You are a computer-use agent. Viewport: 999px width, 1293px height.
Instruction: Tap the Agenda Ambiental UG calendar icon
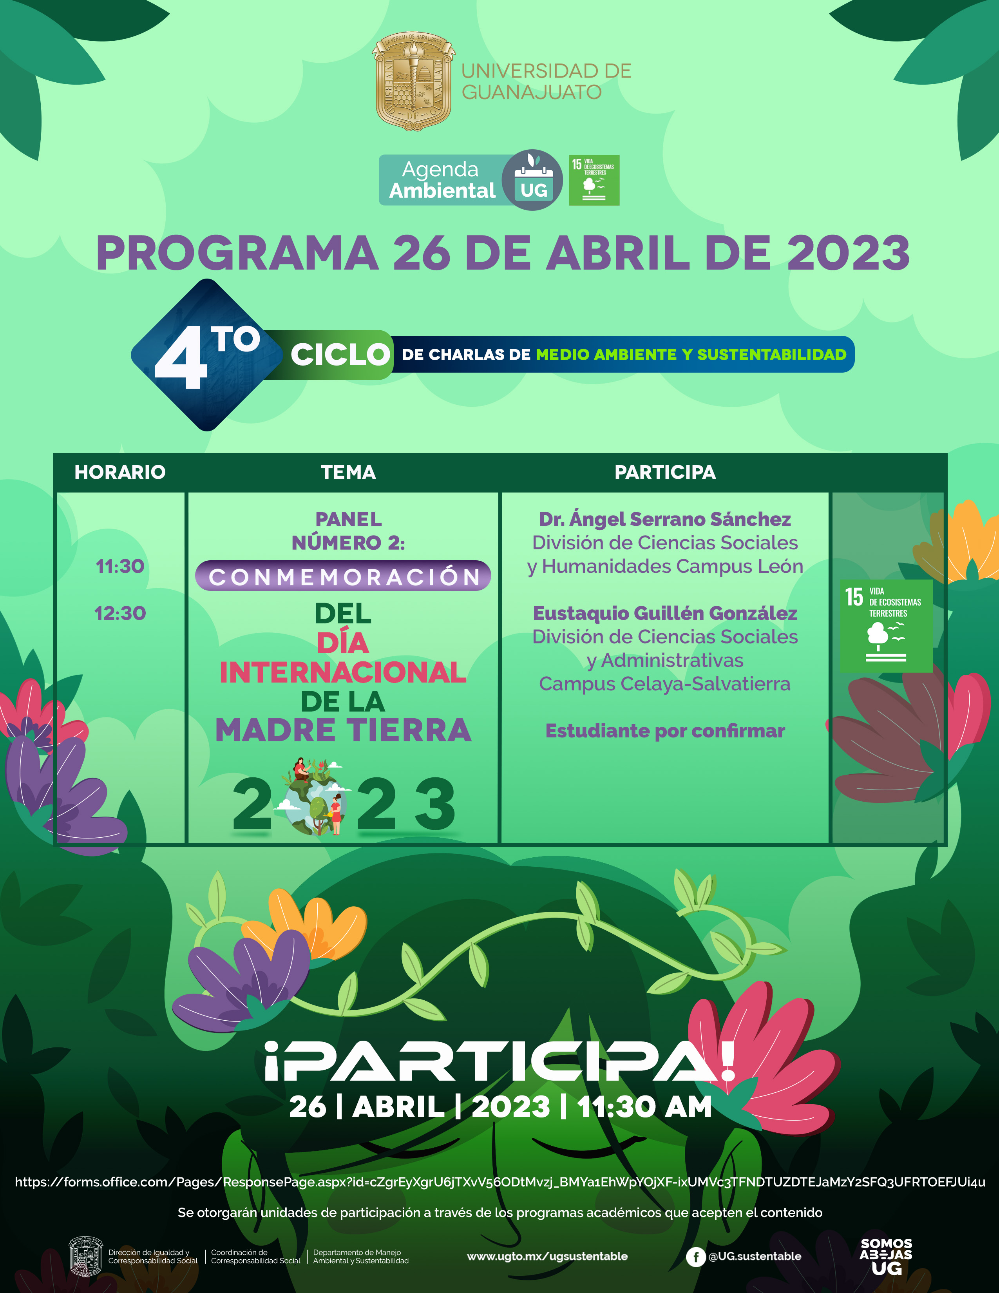533,180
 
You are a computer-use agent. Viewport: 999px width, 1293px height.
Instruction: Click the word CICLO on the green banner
340,355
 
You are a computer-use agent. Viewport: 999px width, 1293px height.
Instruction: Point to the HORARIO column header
120,472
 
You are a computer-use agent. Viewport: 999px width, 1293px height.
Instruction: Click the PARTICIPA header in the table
665,472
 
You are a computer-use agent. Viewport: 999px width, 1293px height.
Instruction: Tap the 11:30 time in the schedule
120,566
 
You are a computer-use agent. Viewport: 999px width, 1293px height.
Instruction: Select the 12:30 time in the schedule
120,613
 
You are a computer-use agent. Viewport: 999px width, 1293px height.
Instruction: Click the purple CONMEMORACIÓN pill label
343,576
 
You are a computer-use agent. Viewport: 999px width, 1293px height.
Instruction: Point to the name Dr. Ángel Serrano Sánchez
665,519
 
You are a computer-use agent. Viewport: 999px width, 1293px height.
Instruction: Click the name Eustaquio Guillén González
665,613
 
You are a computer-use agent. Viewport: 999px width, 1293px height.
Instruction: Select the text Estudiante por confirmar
665,731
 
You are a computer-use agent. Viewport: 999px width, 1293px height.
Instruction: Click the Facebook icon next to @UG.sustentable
695,1257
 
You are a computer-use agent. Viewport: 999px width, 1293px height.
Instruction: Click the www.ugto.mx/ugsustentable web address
547,1256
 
